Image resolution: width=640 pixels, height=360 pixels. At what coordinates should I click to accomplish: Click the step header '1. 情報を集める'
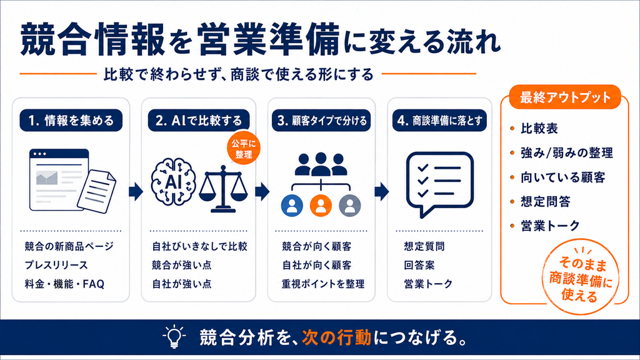[71, 121]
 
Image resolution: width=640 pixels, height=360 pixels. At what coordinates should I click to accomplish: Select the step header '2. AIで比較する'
[199, 121]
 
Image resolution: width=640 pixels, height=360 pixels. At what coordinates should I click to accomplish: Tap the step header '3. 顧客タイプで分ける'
[321, 121]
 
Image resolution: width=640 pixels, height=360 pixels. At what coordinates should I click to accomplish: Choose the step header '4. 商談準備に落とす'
[439, 121]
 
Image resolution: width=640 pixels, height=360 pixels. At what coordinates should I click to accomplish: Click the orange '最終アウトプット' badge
[565, 97]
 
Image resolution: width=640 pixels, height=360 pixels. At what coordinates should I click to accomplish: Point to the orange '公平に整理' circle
[243, 148]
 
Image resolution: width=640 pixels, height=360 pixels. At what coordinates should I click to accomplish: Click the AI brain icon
[173, 181]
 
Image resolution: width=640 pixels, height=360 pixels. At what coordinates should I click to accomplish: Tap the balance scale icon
[223, 189]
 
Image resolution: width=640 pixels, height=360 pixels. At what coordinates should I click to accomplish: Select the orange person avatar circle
[321, 205]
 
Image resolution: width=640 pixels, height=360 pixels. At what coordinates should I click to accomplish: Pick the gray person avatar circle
[350, 205]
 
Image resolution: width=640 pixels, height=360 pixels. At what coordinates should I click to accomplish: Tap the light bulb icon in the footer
[174, 336]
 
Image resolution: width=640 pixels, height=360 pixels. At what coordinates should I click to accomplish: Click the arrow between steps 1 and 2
[136, 191]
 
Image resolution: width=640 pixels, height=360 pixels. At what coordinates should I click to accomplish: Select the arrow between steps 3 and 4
[382, 191]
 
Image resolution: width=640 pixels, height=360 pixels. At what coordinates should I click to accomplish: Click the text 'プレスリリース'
[56, 265]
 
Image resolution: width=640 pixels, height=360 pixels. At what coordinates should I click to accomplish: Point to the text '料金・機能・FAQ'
[64, 284]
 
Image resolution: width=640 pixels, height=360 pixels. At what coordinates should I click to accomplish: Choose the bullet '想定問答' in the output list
[545, 202]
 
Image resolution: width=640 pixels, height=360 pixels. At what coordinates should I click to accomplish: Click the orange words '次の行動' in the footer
[337, 337]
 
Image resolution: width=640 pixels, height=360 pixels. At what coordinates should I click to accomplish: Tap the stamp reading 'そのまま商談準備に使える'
[581, 277]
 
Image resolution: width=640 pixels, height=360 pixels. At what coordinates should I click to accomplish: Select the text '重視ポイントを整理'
[323, 284]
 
